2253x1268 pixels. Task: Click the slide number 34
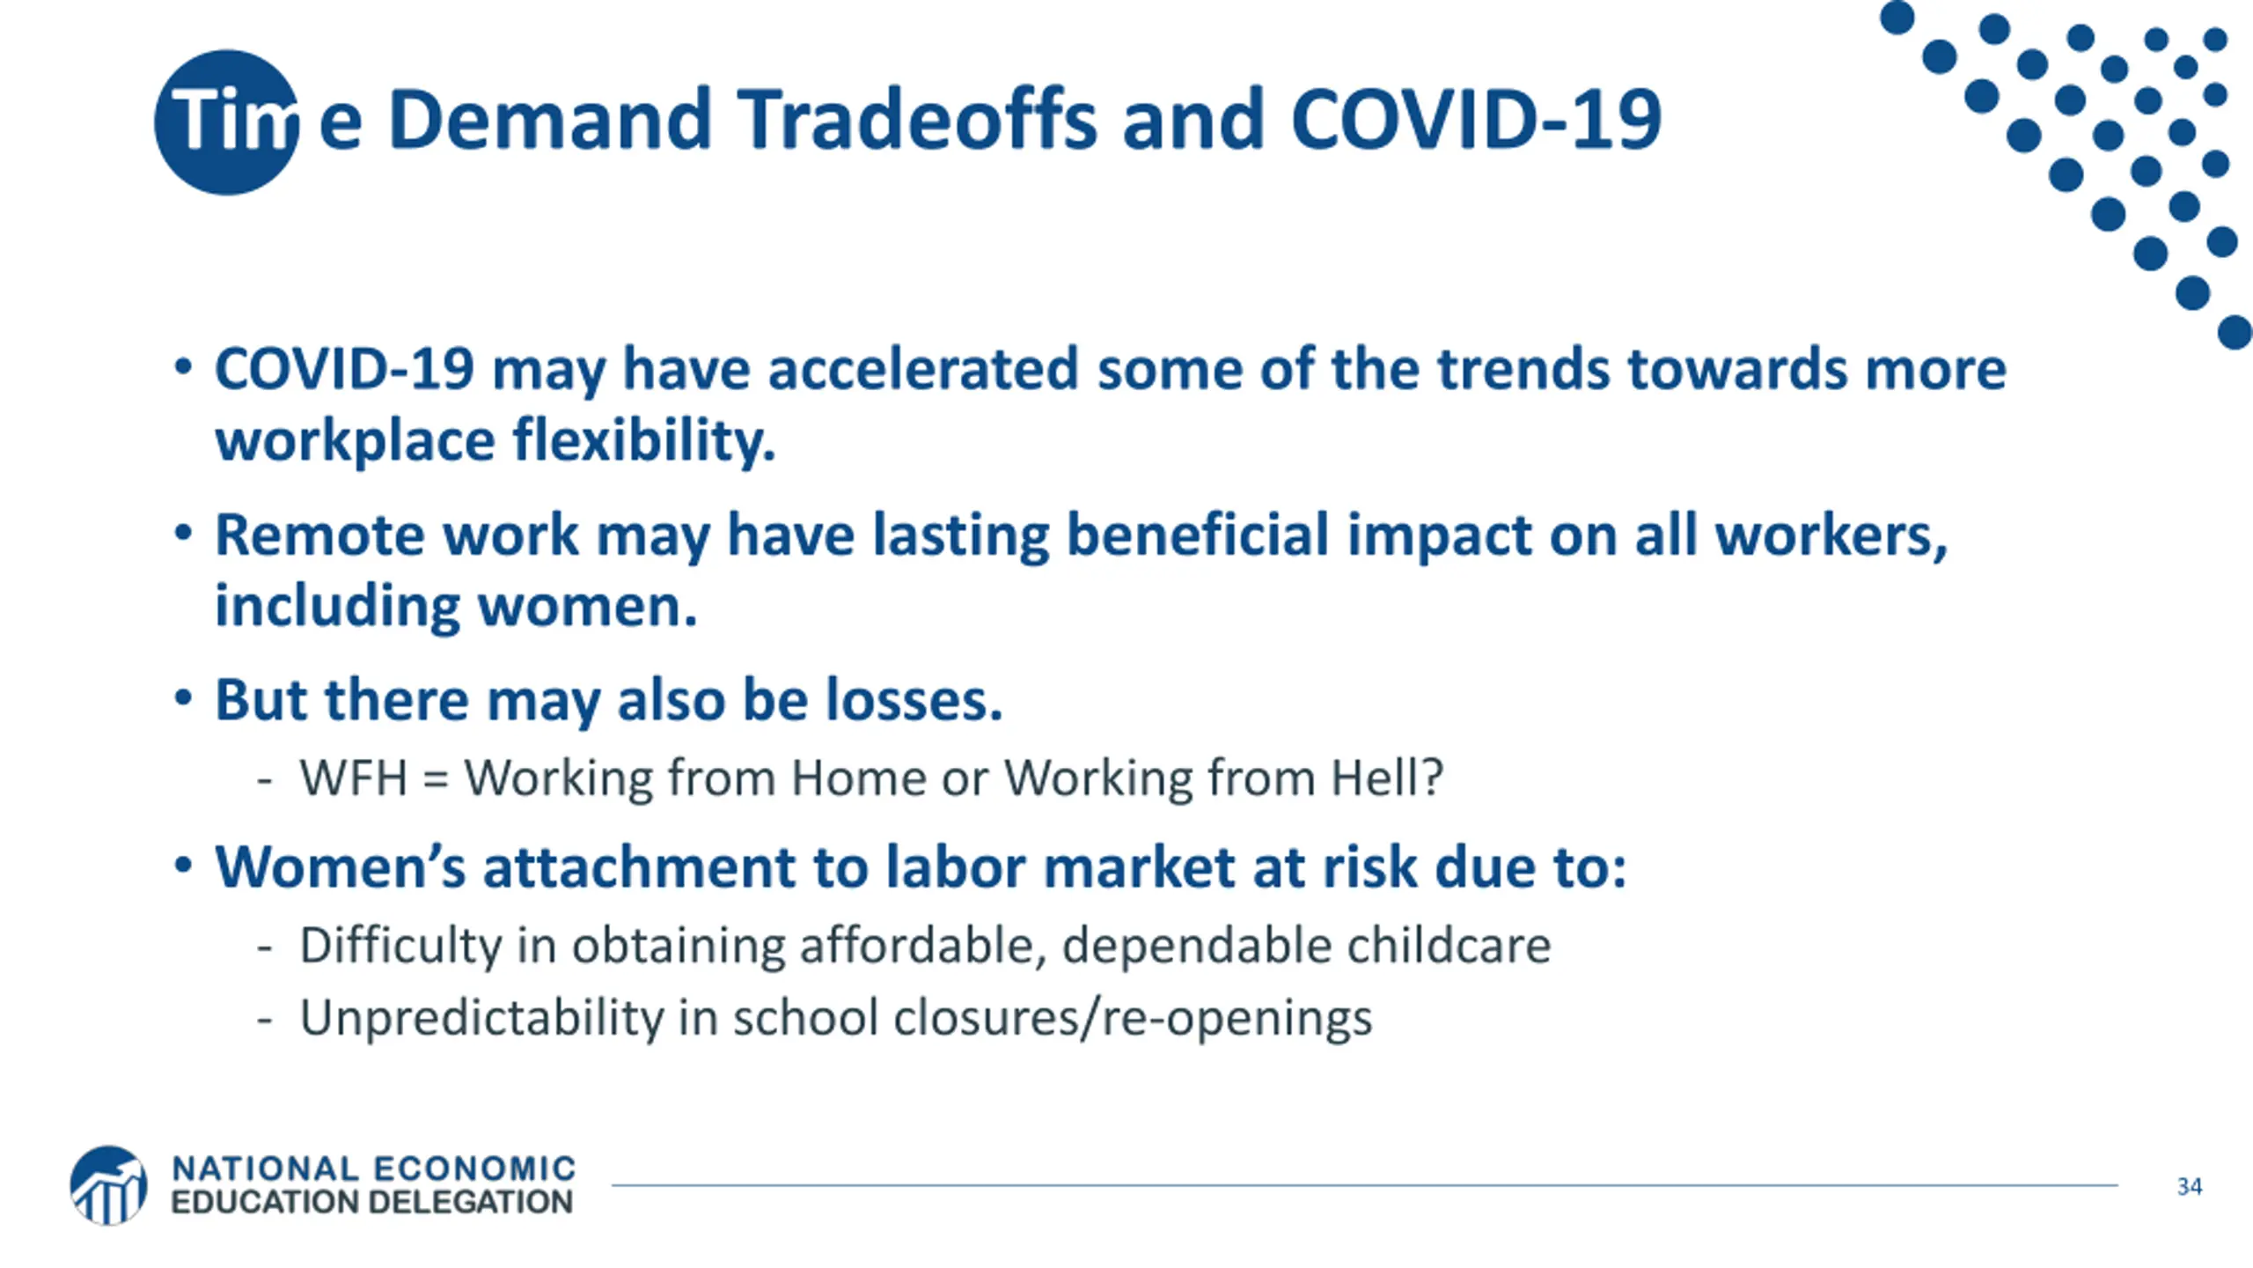point(2190,1186)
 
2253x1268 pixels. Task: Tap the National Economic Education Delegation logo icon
point(108,1184)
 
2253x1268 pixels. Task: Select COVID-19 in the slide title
point(1476,119)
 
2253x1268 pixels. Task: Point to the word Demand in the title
point(549,119)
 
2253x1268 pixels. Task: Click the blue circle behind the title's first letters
point(226,122)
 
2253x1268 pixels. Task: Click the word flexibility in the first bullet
point(644,439)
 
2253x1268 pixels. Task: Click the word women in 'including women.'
point(588,606)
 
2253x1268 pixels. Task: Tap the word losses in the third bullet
point(914,700)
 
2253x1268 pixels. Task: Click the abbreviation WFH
point(354,778)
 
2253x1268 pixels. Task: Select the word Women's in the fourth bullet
point(340,866)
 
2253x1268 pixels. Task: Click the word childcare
point(1449,945)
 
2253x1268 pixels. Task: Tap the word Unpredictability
point(481,1018)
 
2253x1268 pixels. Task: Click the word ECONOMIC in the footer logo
point(474,1169)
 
